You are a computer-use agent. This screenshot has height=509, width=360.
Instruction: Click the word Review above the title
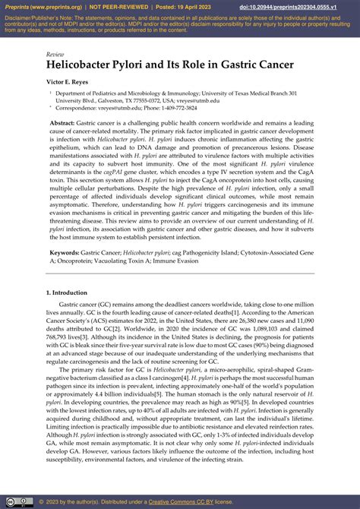(x=55, y=55)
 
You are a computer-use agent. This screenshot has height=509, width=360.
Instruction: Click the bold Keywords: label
(x=68, y=251)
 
